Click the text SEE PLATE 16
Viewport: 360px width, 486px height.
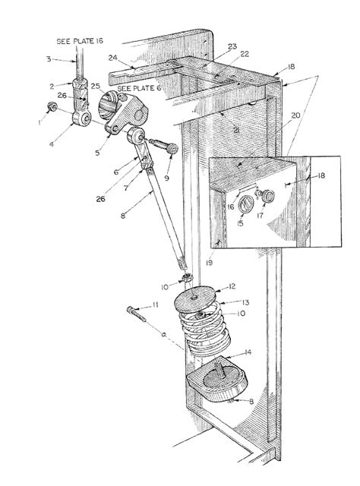tap(80, 41)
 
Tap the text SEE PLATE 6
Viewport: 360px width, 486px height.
tap(139, 88)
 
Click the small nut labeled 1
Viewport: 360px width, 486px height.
tap(52, 107)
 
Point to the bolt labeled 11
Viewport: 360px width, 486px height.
tap(136, 314)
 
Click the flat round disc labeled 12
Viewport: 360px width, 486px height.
tap(194, 297)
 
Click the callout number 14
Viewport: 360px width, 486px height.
tap(248, 352)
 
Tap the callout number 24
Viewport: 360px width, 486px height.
tap(113, 58)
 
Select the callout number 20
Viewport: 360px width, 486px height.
tap(295, 115)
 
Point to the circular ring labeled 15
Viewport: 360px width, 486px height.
tap(246, 204)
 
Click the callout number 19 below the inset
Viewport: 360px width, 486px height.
tap(210, 263)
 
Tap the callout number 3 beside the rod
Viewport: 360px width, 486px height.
tap(49, 58)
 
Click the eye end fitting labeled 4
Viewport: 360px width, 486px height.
tap(81, 118)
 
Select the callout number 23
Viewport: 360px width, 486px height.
tap(232, 46)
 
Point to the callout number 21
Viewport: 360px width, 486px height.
tap(236, 131)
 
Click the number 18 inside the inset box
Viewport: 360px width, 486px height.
tap(321, 175)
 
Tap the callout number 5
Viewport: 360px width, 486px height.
tap(97, 153)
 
